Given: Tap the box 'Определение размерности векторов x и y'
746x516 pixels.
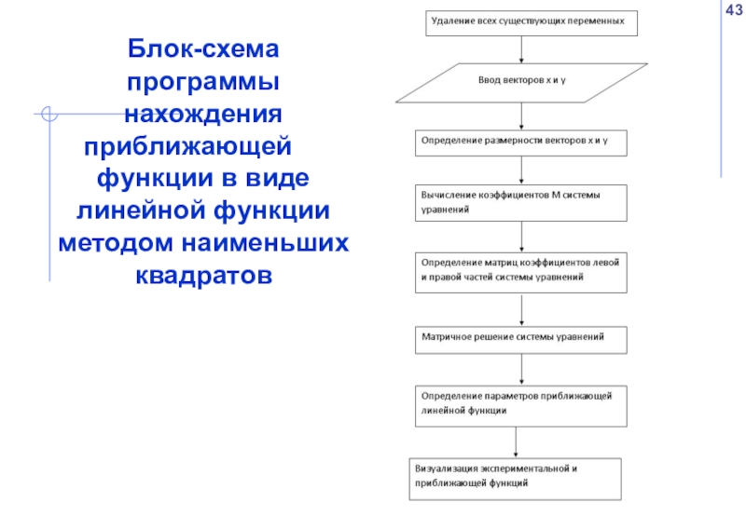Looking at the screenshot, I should (x=520, y=143).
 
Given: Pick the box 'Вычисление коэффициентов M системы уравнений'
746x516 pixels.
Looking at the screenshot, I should (x=520, y=202).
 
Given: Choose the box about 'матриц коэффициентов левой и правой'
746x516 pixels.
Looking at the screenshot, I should (x=520, y=269).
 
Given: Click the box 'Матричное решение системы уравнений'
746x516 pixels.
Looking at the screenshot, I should (x=520, y=337).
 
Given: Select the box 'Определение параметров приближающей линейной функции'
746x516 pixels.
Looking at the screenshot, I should (x=520, y=404).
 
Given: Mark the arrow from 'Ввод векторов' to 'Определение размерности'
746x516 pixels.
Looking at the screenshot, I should (x=521, y=115).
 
